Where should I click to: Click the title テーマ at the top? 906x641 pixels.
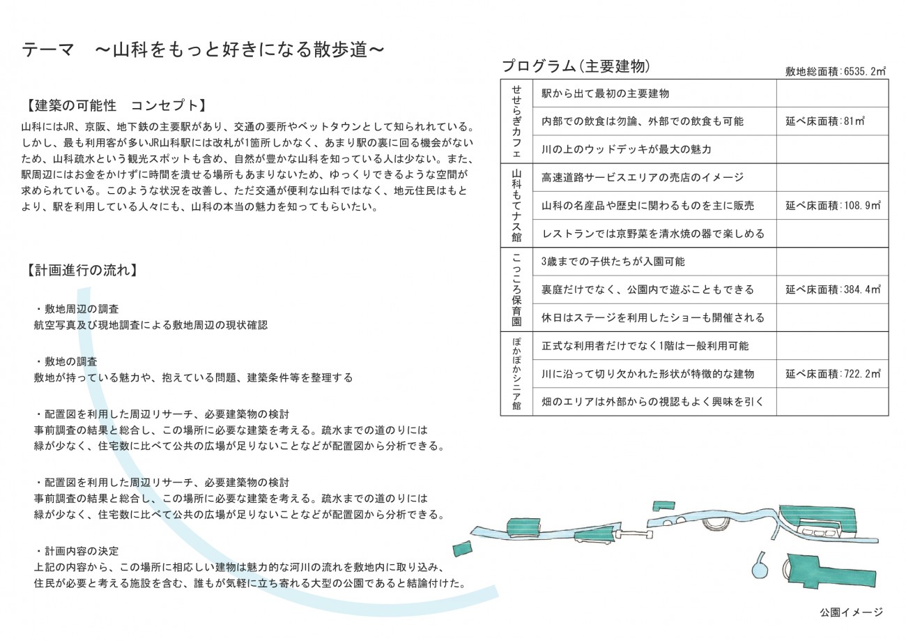click(47, 50)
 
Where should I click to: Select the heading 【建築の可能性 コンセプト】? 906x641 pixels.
click(116, 105)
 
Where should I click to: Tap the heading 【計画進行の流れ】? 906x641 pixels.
click(82, 270)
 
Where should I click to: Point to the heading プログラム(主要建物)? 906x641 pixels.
click(576, 66)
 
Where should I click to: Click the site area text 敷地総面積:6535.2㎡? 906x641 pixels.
click(835, 72)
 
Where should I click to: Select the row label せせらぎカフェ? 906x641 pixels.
click(516, 121)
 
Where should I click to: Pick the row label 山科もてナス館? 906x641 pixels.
click(516, 206)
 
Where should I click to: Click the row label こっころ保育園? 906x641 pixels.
click(516, 289)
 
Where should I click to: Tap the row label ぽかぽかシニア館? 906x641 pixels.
click(516, 374)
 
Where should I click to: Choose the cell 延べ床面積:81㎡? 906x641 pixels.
click(824, 121)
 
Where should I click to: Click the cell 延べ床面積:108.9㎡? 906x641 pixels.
click(833, 206)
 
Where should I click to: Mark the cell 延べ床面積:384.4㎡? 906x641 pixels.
click(833, 289)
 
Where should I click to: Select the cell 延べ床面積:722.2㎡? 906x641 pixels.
click(833, 374)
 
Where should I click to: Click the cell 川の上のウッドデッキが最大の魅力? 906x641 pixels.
click(626, 149)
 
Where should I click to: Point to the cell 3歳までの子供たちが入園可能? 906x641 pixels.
click(613, 262)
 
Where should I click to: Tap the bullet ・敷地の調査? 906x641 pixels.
click(66, 361)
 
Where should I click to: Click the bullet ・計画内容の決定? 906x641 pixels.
click(77, 551)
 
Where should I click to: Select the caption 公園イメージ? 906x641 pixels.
click(852, 612)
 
